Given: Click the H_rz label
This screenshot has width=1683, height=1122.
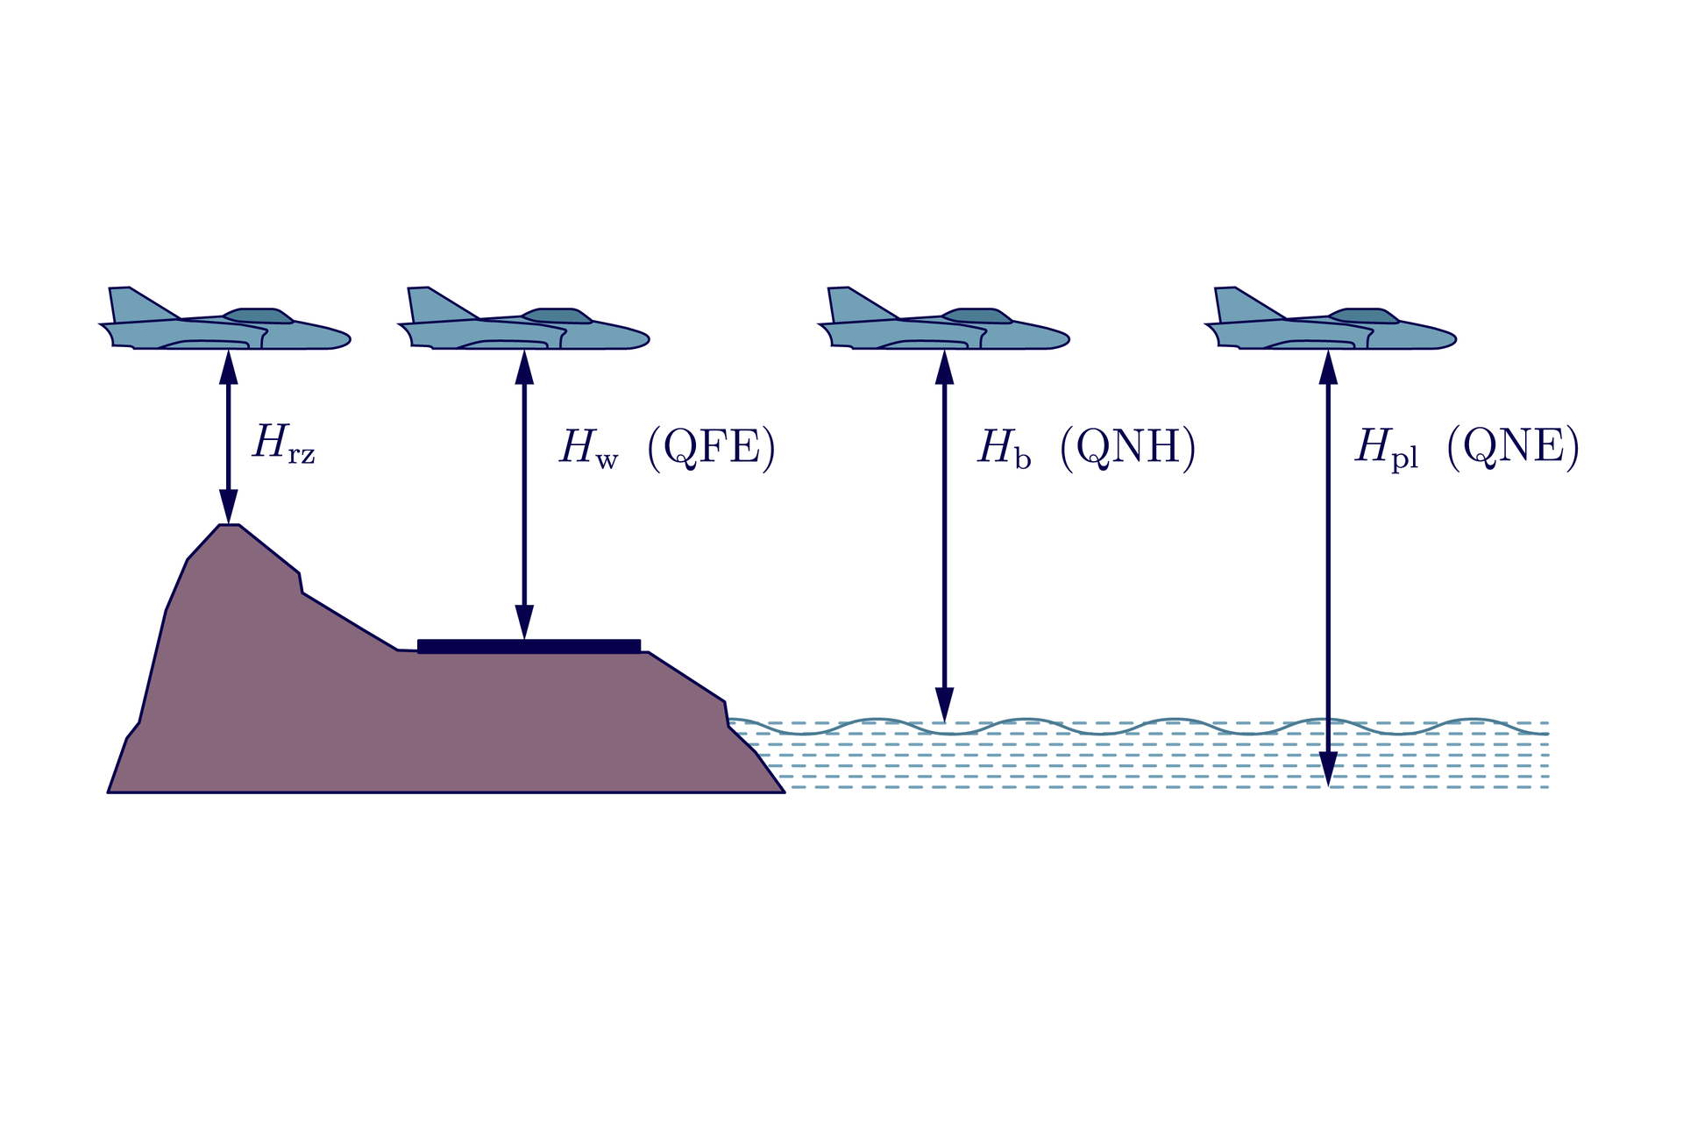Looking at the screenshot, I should [282, 444].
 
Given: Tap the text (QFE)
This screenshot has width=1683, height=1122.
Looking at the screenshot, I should [711, 448].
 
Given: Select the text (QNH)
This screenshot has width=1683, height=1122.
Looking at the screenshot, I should [1127, 448].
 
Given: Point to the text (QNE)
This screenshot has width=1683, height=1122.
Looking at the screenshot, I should [1513, 448].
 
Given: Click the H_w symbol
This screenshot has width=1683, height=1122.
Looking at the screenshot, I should [588, 448].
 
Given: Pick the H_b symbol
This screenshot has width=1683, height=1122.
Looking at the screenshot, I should [1004, 448].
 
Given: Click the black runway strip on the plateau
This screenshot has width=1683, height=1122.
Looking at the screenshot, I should [529, 646].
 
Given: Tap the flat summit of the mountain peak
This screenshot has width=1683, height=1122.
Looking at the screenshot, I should [229, 527].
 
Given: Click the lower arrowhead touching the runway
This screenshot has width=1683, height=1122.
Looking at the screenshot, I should [524, 621].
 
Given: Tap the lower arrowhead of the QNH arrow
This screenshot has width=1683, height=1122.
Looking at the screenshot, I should [944, 705].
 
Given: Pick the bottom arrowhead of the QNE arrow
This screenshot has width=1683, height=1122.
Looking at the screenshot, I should [1328, 769].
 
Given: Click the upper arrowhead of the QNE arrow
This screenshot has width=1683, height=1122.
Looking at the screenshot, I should [1328, 367].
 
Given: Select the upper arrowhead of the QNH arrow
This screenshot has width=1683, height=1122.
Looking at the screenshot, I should [944, 367].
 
